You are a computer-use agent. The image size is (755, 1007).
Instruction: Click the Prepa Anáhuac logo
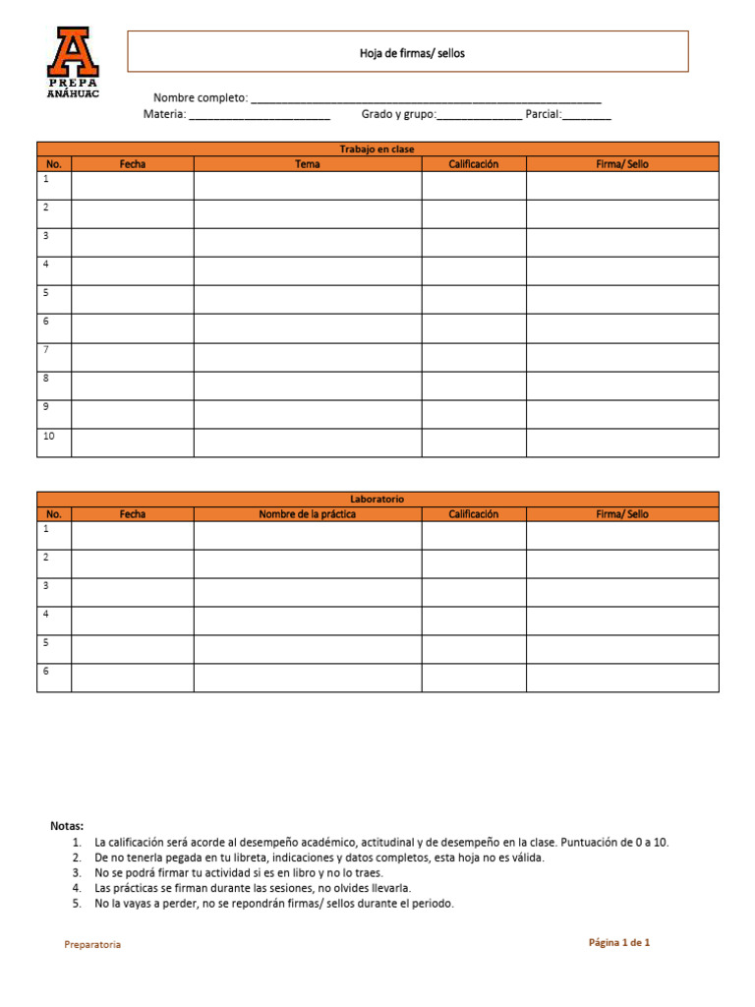click(73, 62)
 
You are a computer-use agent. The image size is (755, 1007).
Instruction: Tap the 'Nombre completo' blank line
click(427, 98)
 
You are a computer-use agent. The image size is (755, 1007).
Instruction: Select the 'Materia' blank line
click(259, 115)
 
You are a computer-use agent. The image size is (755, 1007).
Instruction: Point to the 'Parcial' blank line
click(587, 115)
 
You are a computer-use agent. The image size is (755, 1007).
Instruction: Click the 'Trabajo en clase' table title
click(377, 149)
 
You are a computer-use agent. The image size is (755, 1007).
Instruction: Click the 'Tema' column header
click(308, 164)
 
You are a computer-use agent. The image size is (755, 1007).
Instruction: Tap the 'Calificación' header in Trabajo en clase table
click(474, 164)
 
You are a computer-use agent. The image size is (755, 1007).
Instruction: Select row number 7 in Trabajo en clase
click(45, 350)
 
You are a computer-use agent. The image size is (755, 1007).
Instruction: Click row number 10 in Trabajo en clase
click(47, 436)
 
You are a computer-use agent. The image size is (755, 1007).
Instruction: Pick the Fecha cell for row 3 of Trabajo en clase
click(133, 243)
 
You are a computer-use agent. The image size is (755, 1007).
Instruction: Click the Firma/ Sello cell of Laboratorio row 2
click(622, 563)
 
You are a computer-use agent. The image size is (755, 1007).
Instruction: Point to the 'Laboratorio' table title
click(377, 500)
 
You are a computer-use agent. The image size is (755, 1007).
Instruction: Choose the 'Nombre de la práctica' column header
click(308, 514)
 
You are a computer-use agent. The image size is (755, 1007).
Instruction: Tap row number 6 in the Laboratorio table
click(45, 671)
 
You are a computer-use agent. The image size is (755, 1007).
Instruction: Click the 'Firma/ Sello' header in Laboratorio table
click(622, 514)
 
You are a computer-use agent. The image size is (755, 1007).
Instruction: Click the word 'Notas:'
click(67, 826)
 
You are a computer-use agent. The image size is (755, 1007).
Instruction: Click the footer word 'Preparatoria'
click(92, 944)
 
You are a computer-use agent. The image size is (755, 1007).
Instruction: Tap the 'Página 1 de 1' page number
click(619, 942)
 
